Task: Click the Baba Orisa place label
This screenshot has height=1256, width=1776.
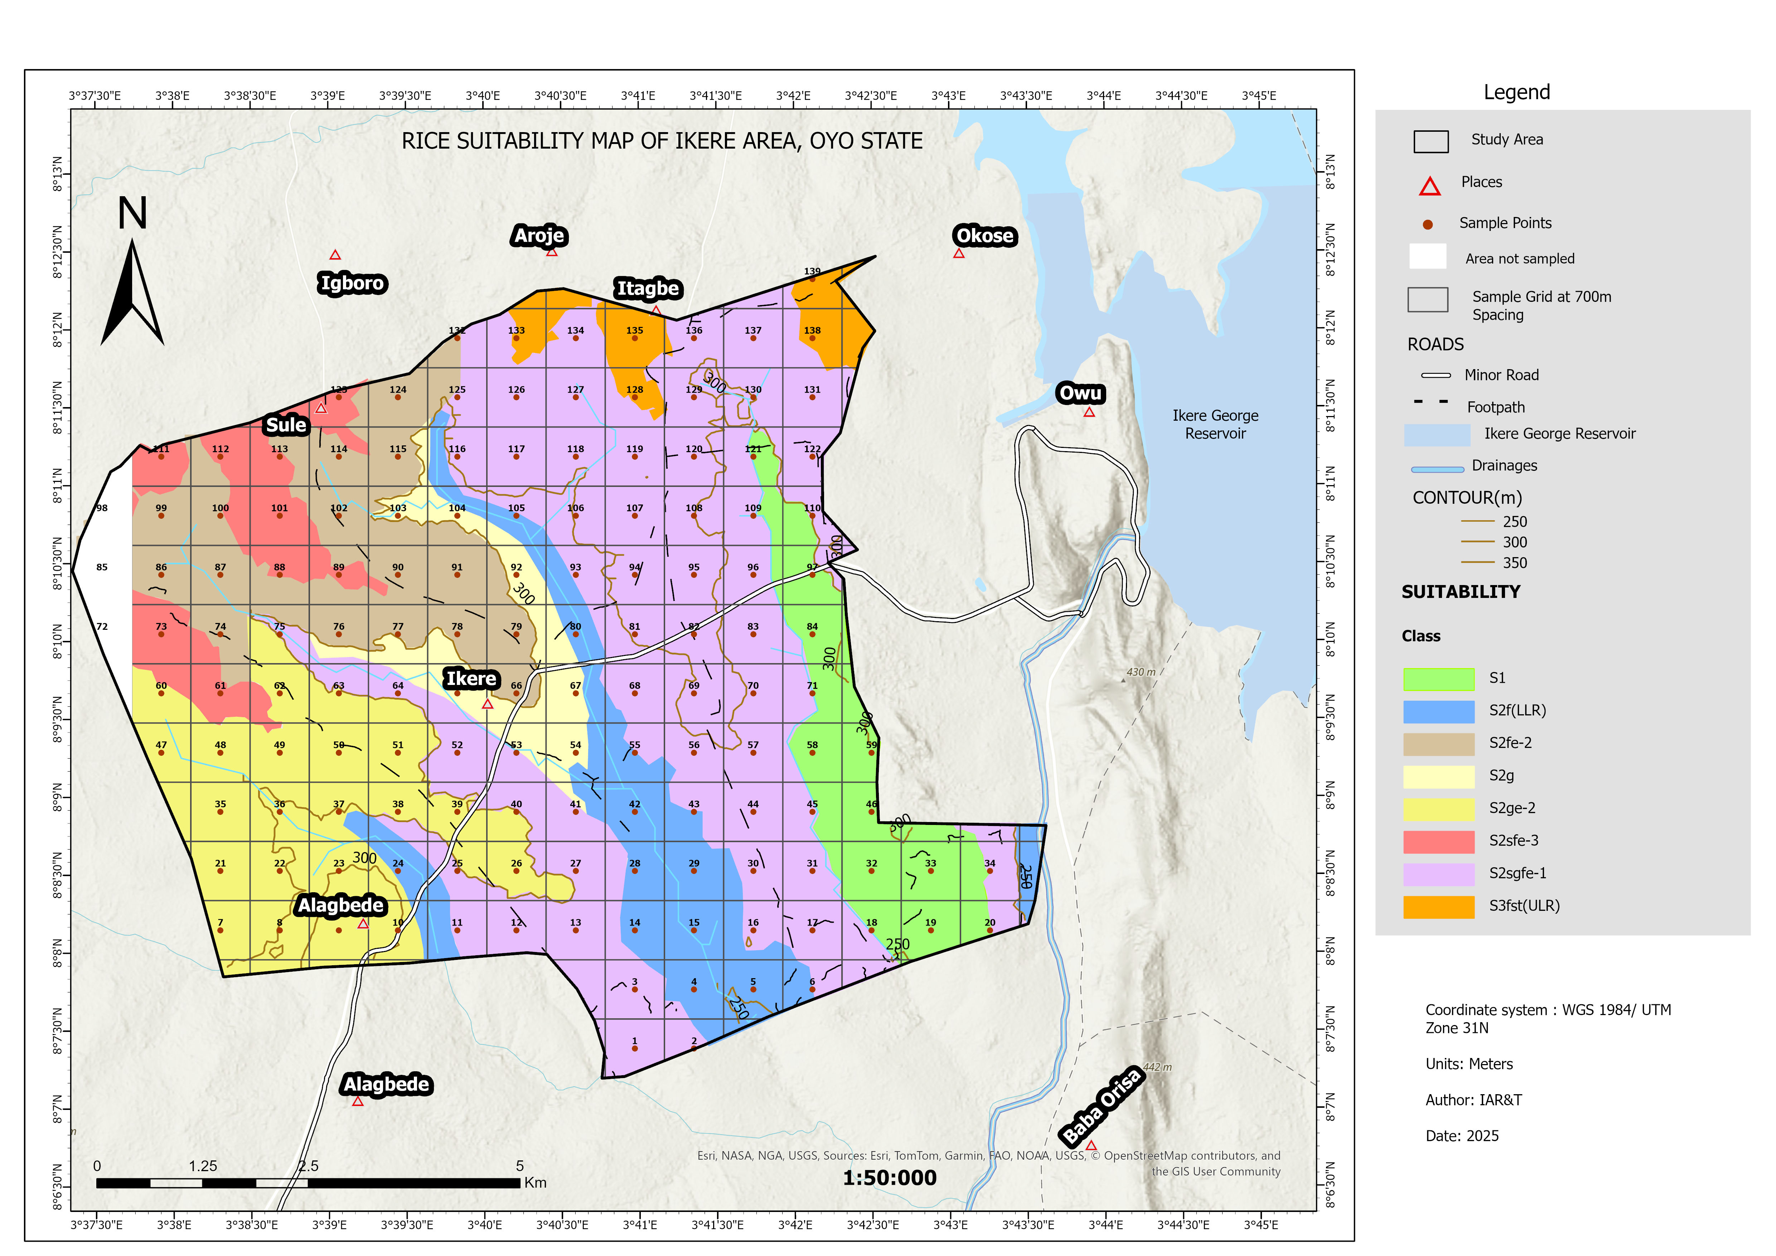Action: pyautogui.click(x=1102, y=1106)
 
